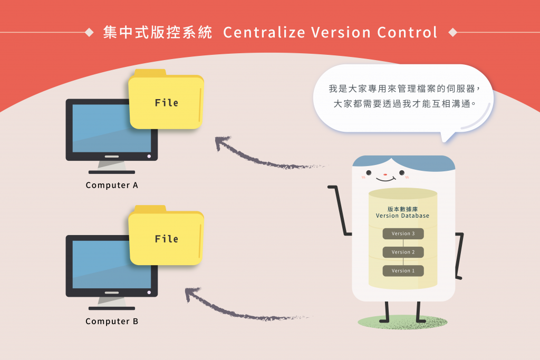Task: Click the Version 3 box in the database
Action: point(403,233)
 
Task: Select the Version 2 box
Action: point(403,252)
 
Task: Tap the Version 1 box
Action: point(403,271)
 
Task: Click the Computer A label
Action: point(112,186)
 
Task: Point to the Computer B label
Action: point(112,322)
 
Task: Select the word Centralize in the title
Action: point(264,33)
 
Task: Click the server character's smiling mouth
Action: point(385,179)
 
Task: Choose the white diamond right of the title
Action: point(452,33)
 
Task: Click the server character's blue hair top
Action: point(403,162)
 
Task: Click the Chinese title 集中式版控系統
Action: point(158,33)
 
